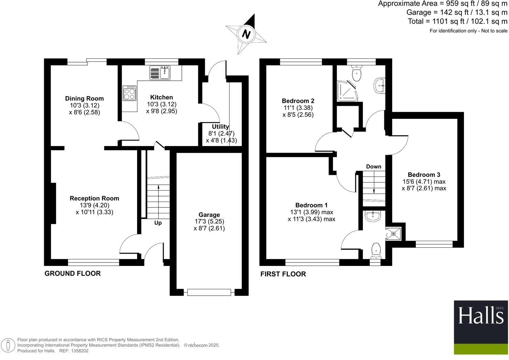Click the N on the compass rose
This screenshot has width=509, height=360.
(246, 34)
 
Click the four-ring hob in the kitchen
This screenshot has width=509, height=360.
(130, 93)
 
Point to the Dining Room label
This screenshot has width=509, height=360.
(84, 99)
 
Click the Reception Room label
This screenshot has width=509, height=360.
(94, 198)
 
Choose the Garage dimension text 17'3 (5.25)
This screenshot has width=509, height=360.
(209, 222)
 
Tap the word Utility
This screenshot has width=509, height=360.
(220, 127)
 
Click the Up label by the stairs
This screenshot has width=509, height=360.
(158, 223)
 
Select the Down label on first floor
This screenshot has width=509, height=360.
(374, 167)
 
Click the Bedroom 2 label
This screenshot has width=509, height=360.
(298, 101)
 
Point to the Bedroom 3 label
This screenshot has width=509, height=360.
(424, 175)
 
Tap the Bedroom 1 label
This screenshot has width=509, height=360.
(311, 205)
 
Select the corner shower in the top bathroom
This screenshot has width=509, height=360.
(346, 91)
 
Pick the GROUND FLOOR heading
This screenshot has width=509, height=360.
(73, 273)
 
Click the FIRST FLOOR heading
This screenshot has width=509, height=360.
(283, 274)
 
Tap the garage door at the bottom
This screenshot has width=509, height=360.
(209, 292)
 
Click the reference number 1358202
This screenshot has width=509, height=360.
(79, 351)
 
